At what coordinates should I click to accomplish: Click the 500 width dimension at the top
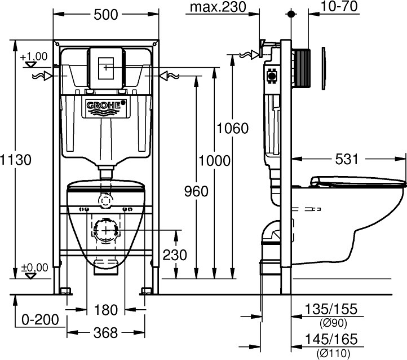[x=105, y=15]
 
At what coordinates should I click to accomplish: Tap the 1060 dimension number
[x=233, y=129]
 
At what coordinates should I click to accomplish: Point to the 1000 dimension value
[x=215, y=160]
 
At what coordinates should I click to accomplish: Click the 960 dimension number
[x=196, y=191]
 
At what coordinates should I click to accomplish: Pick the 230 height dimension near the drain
[x=175, y=254]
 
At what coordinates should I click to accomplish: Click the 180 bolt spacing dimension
[x=106, y=309]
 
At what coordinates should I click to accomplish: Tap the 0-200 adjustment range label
[x=40, y=321]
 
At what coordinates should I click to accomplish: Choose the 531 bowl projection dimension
[x=346, y=160]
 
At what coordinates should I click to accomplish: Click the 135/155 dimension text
[x=331, y=309]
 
